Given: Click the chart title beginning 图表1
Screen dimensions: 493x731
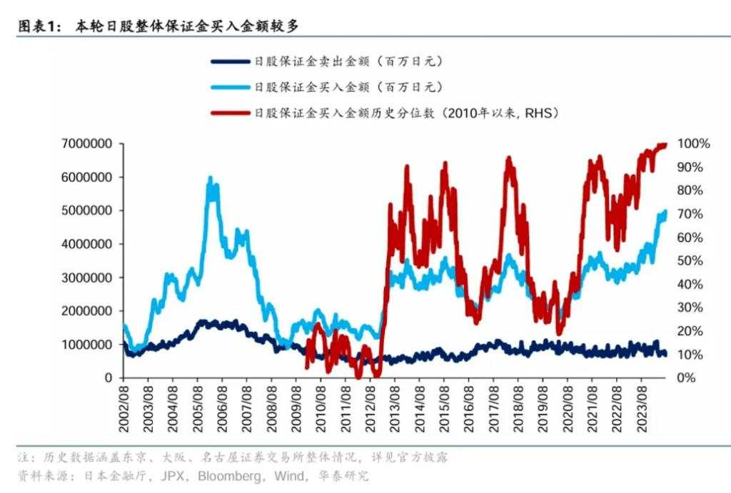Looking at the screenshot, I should pos(157,26).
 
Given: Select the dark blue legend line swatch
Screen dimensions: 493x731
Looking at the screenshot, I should pos(231,61).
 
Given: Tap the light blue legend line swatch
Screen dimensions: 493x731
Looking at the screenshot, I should pos(231,87).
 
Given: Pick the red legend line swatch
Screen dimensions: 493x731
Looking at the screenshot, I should pos(231,113).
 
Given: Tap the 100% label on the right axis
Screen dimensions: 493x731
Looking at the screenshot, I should pos(693,143).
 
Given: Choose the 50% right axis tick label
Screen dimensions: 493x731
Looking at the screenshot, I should pos(690,260).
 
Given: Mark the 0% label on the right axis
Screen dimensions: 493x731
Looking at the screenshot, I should pos(687,377).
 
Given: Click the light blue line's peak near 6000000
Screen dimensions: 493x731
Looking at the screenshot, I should pos(210,178).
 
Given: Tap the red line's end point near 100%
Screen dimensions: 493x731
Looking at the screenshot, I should pos(665,145).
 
